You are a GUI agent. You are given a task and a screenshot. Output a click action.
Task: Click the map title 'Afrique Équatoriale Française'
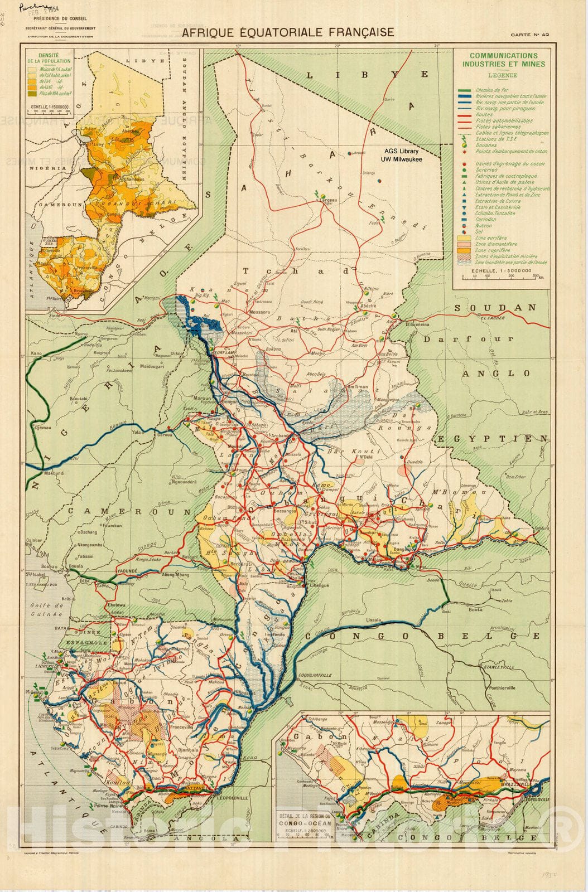(x=288, y=32)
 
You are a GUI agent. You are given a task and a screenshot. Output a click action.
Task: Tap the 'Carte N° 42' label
(x=530, y=35)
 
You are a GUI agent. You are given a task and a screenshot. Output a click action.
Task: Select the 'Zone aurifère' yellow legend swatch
(x=465, y=237)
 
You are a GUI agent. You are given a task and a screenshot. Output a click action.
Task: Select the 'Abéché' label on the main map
(x=368, y=306)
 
